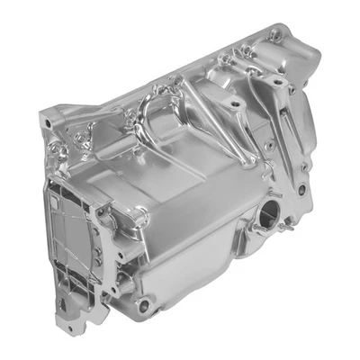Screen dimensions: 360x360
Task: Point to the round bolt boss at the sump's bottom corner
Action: point(143,307)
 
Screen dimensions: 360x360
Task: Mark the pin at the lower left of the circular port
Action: point(254,236)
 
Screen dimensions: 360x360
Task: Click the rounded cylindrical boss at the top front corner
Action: point(139,217)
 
